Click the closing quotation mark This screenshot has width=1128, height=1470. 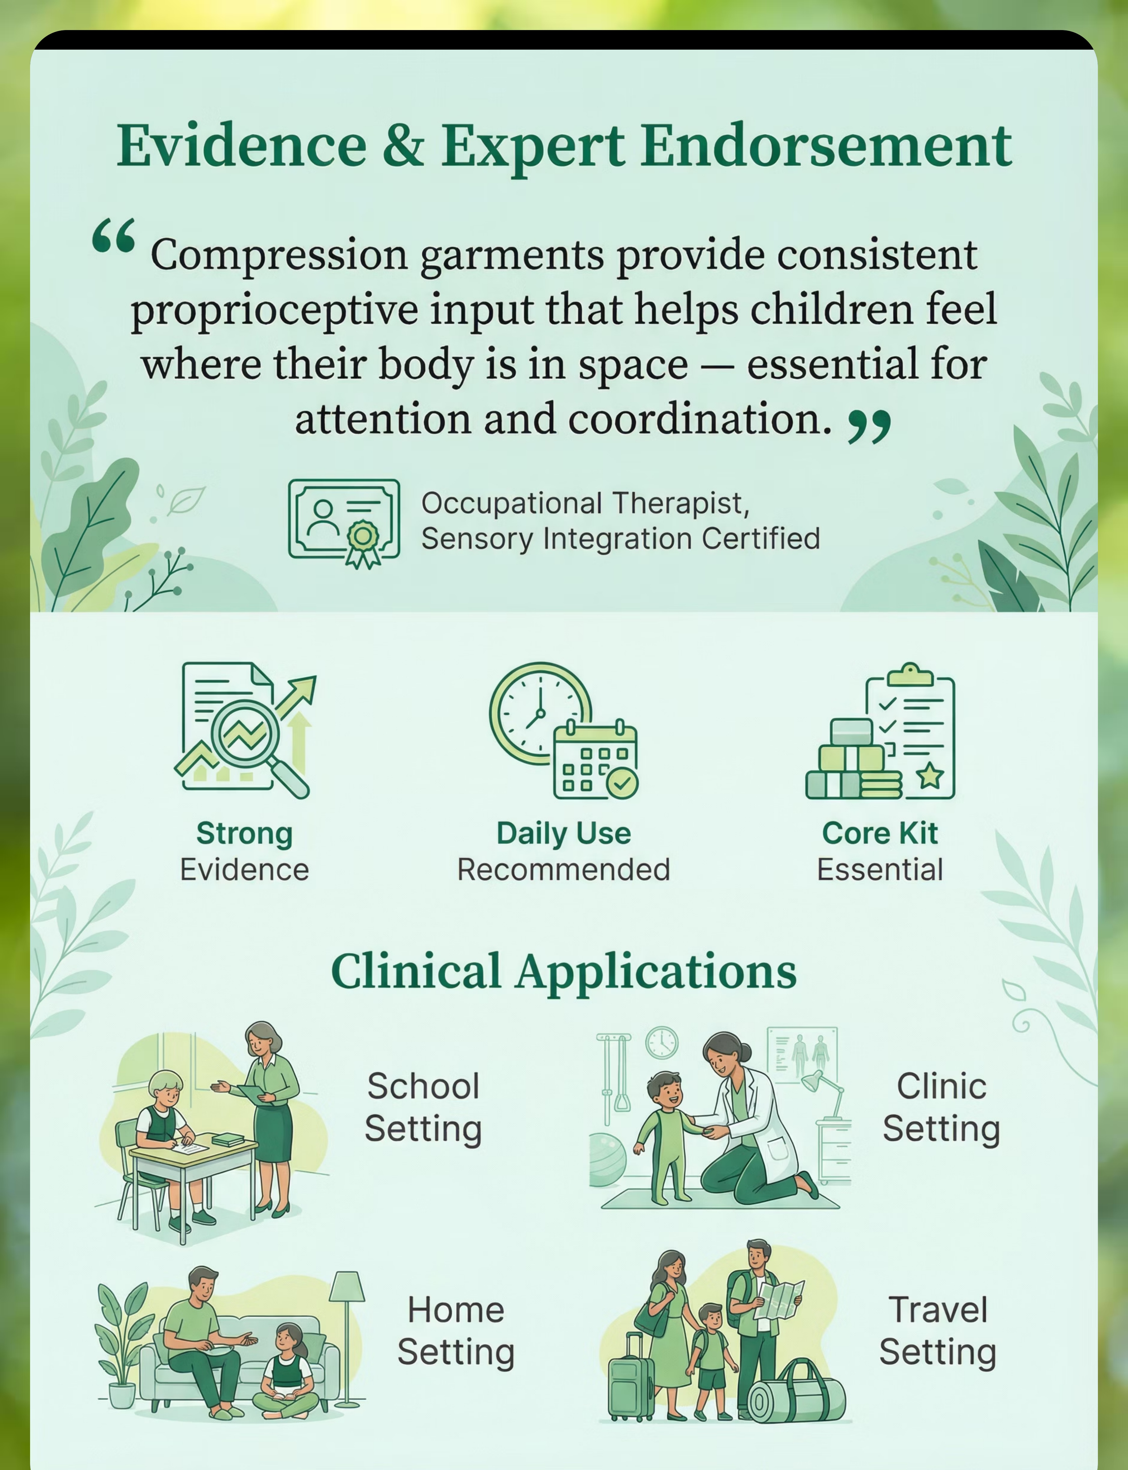click(870, 427)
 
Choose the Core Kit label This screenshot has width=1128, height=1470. click(880, 833)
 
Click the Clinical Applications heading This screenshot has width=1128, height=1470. click(564, 971)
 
